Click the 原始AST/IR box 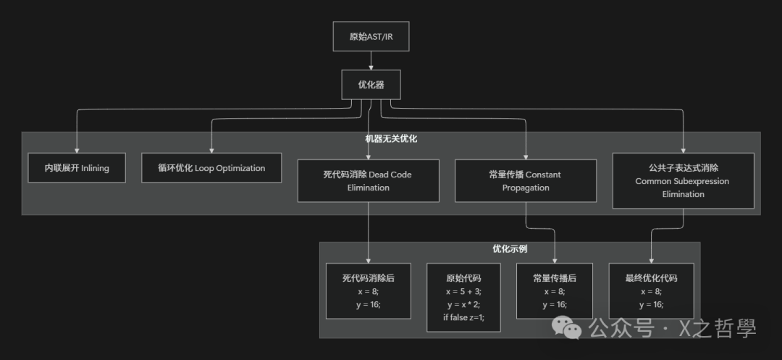pyautogui.click(x=371, y=36)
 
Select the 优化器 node pyautogui.click(x=371, y=85)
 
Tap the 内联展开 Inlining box pyautogui.click(x=77, y=168)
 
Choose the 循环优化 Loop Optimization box pyautogui.click(x=211, y=168)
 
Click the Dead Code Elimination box pyautogui.click(x=368, y=180)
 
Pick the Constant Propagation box pyautogui.click(x=526, y=180)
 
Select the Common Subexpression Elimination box pyautogui.click(x=683, y=180)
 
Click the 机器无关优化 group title pyautogui.click(x=391, y=138)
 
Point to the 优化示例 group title pyautogui.click(x=510, y=248)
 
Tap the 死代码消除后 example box pyautogui.click(x=368, y=290)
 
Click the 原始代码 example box pyautogui.click(x=463, y=297)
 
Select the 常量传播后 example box pyautogui.click(x=554, y=290)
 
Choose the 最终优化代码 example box pyautogui.click(x=651, y=290)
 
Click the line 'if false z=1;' pyautogui.click(x=463, y=317)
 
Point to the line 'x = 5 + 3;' pyautogui.click(x=463, y=291)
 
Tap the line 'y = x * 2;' pyautogui.click(x=463, y=304)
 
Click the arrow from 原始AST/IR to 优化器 pyautogui.click(x=371, y=61)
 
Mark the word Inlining pyautogui.click(x=95, y=168)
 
